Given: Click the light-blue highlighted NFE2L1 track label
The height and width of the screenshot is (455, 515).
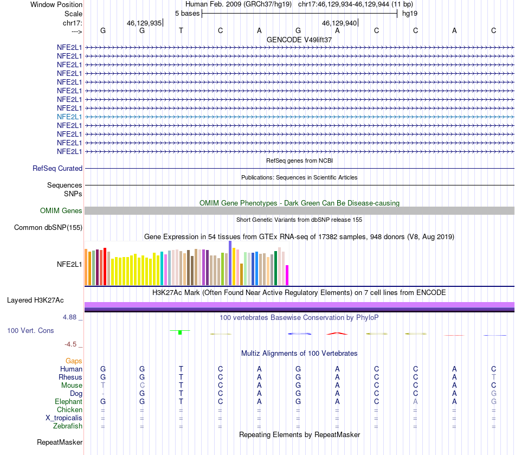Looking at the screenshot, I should tap(69, 117).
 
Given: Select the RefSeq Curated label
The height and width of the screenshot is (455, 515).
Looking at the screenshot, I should tap(57, 169).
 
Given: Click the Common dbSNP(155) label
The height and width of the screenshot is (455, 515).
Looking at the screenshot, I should tap(48, 228).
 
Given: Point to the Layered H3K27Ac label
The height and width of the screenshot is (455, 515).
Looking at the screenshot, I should tap(35, 300).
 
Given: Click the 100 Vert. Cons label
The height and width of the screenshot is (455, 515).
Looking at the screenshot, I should tap(30, 330).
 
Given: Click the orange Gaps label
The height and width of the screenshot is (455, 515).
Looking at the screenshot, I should tap(74, 361).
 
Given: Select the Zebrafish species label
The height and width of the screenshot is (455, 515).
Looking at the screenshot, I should tap(68, 426).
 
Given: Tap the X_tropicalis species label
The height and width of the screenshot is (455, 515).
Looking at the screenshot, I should tap(64, 418).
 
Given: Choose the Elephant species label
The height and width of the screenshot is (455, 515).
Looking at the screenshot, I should tap(68, 402).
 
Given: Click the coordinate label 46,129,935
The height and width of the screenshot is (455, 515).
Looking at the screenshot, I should tap(144, 23).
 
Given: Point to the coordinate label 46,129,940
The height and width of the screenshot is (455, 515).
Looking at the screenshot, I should tap(339, 23).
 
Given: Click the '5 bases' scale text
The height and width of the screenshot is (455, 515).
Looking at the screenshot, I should tap(187, 13).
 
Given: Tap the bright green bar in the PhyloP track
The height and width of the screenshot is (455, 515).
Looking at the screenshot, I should tap(179, 332).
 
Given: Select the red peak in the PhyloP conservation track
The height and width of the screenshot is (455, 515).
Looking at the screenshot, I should tap(337, 334).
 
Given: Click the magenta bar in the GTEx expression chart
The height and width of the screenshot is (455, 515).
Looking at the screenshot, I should tap(287, 275).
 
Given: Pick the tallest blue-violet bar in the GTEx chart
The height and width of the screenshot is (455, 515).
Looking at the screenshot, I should tap(230, 263).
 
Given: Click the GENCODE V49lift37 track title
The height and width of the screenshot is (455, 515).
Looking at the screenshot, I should tap(299, 40).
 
